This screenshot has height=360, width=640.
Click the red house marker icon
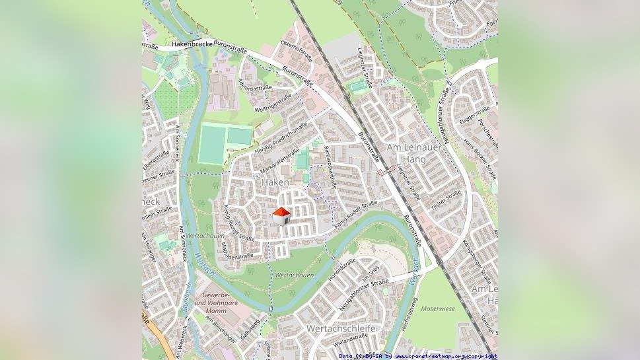coord(281,216)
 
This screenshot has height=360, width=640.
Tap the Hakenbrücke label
coord(190,44)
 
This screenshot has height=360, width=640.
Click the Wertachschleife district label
coord(341,328)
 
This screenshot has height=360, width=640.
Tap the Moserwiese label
coord(438,308)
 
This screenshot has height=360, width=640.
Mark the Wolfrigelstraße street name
coord(273,104)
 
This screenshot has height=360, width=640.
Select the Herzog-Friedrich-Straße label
coord(281,138)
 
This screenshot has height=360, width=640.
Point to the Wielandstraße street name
coord(351,339)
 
